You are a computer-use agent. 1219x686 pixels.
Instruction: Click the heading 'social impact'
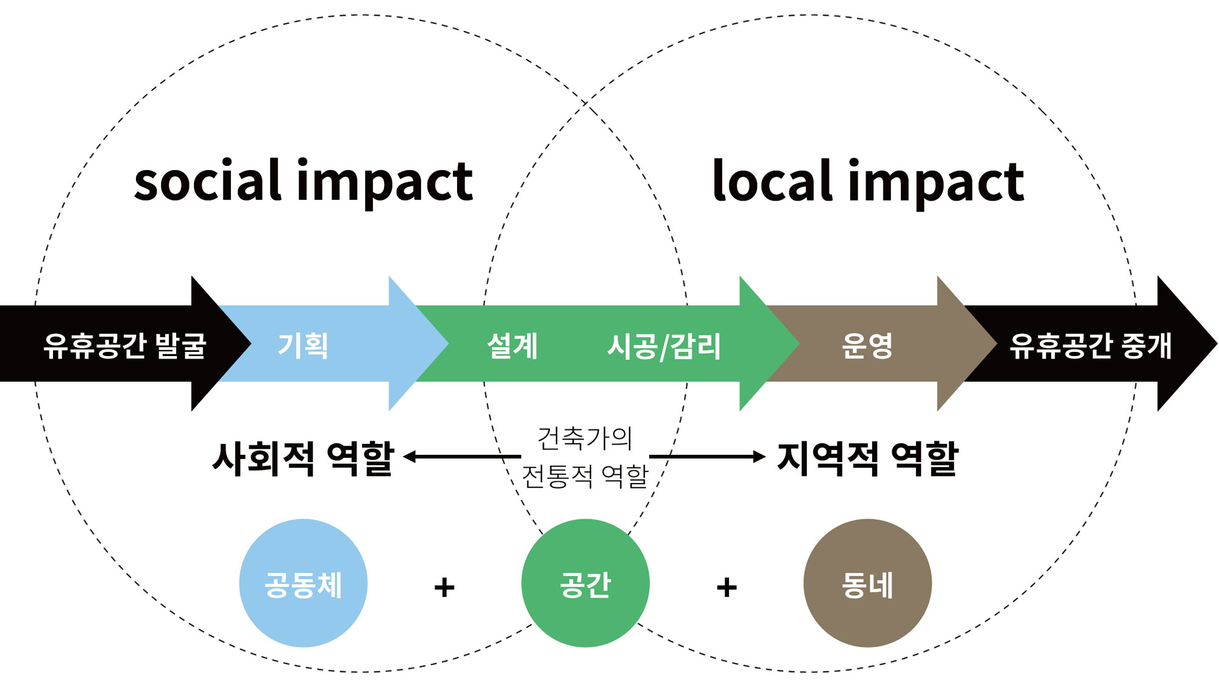click(x=303, y=181)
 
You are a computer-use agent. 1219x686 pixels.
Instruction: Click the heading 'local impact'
click(x=868, y=181)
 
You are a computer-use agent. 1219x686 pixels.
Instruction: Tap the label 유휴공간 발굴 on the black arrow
click(x=125, y=346)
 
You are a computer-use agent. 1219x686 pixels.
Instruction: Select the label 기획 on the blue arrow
click(x=303, y=346)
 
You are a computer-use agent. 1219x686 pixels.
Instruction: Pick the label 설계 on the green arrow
click(x=513, y=346)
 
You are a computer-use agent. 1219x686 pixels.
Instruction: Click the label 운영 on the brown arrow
click(x=867, y=346)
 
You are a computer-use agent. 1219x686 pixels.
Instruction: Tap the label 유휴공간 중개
click(x=1090, y=346)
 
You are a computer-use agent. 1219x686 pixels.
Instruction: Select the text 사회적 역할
click(x=303, y=459)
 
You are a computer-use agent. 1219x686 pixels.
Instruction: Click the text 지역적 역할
click(x=868, y=459)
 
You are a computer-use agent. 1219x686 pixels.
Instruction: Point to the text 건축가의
click(x=585, y=438)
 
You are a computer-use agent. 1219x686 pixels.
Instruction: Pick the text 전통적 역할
click(x=585, y=476)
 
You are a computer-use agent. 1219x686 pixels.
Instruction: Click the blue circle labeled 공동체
click(x=303, y=584)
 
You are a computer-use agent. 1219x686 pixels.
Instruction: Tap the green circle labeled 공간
click(x=585, y=584)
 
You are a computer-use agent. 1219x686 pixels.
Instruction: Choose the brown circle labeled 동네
click(x=867, y=584)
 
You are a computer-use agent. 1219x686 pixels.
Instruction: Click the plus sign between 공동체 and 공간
click(x=444, y=587)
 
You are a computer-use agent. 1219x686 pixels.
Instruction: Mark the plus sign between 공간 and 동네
click(x=727, y=587)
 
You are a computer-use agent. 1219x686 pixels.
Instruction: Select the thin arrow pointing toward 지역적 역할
click(x=707, y=456)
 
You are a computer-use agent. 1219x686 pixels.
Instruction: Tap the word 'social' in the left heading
click(x=207, y=181)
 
